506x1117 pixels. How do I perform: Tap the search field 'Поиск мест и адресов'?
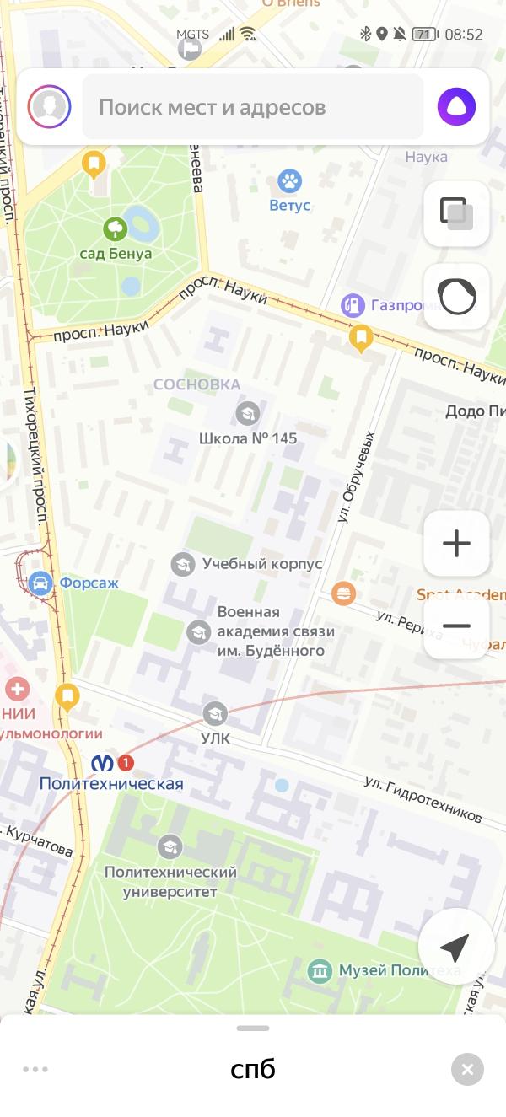253,107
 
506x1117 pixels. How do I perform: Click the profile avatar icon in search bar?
49,107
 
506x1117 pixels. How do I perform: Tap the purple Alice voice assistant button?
456,107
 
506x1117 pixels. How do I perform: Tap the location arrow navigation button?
455,948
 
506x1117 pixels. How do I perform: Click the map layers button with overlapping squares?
456,213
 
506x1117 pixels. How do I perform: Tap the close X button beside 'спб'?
467,1069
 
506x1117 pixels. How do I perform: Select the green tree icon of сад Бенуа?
115,228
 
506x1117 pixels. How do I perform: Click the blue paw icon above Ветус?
290,180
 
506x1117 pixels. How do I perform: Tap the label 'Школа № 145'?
248,438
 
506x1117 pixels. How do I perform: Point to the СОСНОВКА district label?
196,384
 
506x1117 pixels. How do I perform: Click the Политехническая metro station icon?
103,763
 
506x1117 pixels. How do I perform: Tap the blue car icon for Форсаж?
39,583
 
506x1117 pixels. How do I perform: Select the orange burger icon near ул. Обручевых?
343,593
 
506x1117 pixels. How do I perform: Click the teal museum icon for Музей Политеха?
319,971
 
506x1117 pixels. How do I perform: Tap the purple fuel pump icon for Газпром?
353,305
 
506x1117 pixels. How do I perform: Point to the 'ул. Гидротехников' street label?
423,800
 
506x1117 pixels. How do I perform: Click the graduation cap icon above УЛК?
215,714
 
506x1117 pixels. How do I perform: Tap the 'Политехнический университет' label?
170,882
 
